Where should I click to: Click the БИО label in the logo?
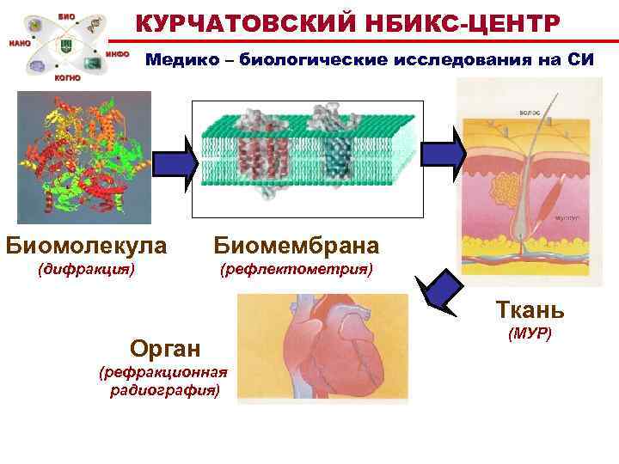point(66,16)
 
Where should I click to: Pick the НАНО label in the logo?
point(20,42)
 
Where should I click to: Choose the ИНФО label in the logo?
point(118,53)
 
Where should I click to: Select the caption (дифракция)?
point(86,269)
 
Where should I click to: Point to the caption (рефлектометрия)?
point(296,269)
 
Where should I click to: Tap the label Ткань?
point(529,310)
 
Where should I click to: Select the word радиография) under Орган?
point(164,389)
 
